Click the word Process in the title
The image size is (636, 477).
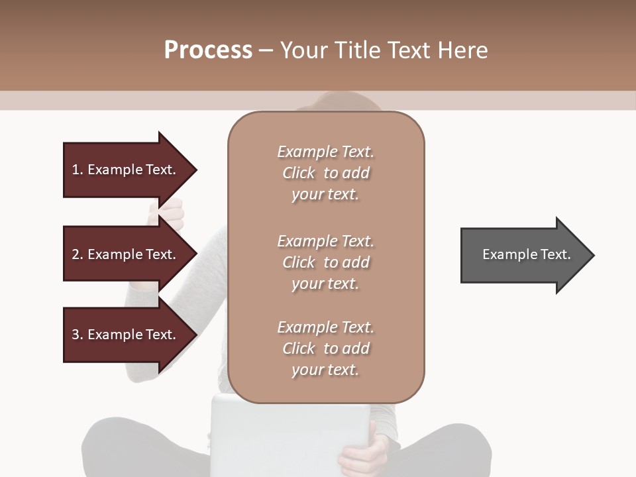click(208, 50)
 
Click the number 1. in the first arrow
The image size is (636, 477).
click(78, 170)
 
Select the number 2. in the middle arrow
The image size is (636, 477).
click(78, 254)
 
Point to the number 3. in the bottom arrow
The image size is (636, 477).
click(78, 335)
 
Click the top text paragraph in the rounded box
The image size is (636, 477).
click(326, 173)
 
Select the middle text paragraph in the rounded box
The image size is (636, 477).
click(326, 262)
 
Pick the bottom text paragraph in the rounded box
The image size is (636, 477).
click(326, 348)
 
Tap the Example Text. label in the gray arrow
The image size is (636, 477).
click(527, 254)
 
